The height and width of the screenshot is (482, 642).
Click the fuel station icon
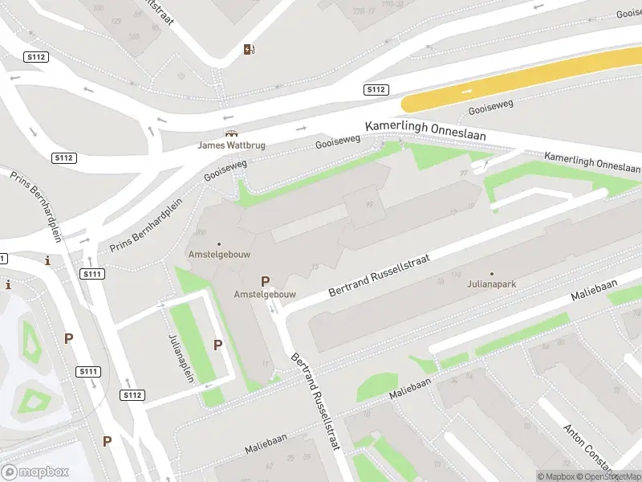click(x=250, y=50)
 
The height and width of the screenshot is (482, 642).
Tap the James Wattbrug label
click(x=231, y=145)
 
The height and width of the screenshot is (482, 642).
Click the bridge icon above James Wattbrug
click(x=231, y=133)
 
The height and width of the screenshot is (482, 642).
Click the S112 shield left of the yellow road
click(x=376, y=89)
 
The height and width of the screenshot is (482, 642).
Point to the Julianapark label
click(x=492, y=283)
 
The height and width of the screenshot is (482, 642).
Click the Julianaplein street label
click(x=182, y=358)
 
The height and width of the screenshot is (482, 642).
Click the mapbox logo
click(x=35, y=472)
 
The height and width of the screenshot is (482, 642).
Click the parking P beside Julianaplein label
click(x=217, y=345)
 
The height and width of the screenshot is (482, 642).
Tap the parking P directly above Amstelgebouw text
click(x=265, y=281)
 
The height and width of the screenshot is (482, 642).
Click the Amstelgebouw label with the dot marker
click(x=218, y=253)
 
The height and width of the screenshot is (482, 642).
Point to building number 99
click(x=369, y=205)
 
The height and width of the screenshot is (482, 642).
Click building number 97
click(x=464, y=174)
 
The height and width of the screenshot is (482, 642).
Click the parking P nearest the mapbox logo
click(x=107, y=440)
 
